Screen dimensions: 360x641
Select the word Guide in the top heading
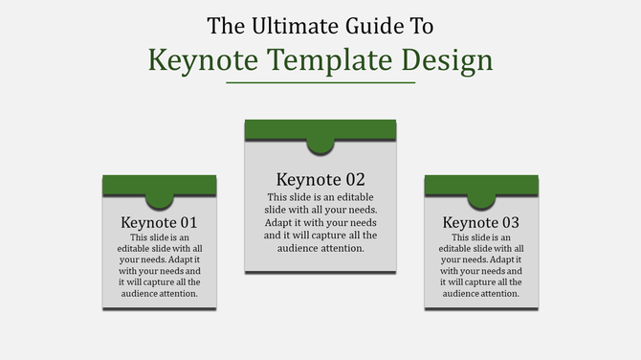coord(367,24)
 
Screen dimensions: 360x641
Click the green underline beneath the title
coord(320,83)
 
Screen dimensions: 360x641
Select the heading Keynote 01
coord(160,222)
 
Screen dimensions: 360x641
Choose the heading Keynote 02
coord(320,179)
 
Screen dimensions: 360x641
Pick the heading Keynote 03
coord(481,222)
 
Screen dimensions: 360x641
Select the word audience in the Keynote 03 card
coord(460,294)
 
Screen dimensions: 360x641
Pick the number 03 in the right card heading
coord(512,222)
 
